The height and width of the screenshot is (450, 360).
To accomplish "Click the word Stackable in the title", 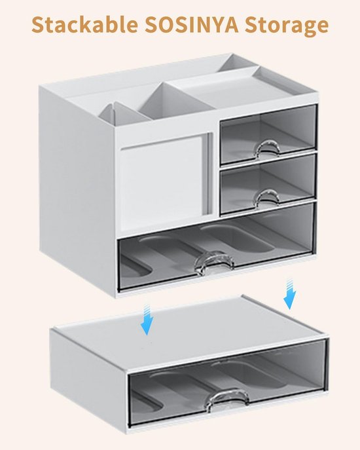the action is pyautogui.click(x=84, y=25).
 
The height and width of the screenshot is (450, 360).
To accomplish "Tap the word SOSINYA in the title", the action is pyautogui.click(x=191, y=25).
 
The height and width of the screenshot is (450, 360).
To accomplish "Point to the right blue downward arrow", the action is pyautogui.click(x=290, y=293).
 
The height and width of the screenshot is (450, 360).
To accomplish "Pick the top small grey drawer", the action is pyautogui.click(x=268, y=134).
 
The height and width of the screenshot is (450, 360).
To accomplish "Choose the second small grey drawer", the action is pyautogui.click(x=268, y=184).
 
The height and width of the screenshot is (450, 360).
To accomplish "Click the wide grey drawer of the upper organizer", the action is pyautogui.click(x=217, y=247).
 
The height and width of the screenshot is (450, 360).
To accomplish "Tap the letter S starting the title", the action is pyautogui.click(x=39, y=25).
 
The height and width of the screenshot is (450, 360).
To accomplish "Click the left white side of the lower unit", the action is pyautogui.click(x=89, y=379).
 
